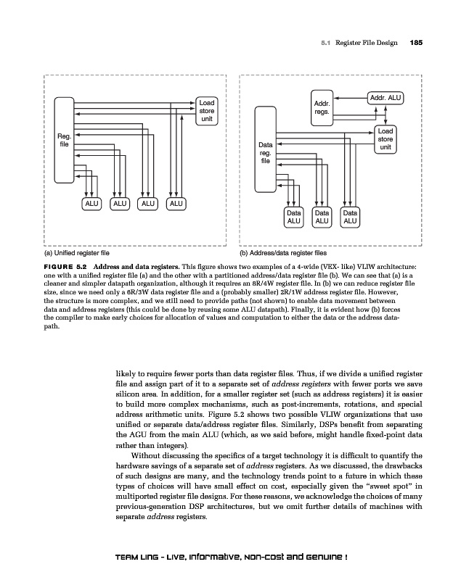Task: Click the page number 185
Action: click(416, 43)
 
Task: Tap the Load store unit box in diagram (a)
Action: click(207, 112)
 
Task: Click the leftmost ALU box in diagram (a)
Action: click(91, 204)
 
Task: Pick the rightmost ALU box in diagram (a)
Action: click(175, 204)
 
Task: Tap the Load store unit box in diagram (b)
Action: click(385, 138)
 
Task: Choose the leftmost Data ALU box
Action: click(294, 217)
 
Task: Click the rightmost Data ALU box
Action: click(350, 217)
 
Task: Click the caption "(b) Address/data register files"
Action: click(285, 254)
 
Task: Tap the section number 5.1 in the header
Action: click(326, 43)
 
